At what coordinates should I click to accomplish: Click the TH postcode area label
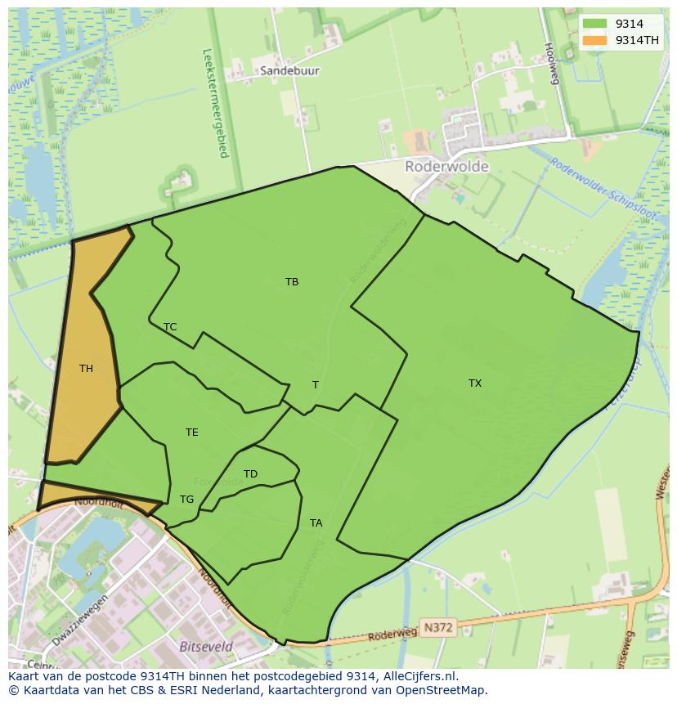86,369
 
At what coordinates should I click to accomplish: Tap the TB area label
292,282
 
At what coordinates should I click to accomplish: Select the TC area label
170,327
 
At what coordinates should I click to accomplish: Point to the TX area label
475,383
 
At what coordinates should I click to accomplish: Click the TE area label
191,433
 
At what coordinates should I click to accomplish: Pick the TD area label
250,474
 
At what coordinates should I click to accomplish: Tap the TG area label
186,500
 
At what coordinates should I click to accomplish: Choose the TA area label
316,523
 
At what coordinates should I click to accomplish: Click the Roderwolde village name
446,167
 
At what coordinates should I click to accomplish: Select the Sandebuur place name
289,71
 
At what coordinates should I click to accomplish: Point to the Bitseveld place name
205,647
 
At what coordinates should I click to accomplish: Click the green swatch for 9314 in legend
594,24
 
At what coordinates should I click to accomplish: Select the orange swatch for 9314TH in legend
594,40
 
